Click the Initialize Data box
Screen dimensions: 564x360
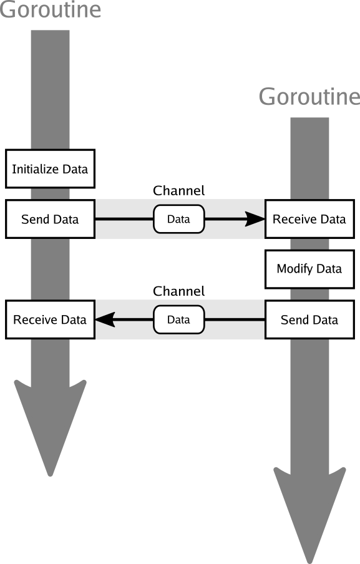coord(50,168)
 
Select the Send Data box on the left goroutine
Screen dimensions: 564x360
coord(50,219)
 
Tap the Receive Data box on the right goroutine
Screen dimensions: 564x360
coord(309,219)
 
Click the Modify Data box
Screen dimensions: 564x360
coord(309,269)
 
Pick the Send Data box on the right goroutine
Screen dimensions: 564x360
coord(309,320)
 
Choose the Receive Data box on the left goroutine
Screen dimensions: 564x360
coord(50,320)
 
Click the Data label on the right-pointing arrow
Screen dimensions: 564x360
coord(178,219)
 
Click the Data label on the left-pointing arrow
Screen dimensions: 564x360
coord(178,320)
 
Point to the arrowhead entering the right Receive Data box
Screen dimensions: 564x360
coord(255,219)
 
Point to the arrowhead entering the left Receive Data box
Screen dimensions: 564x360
coord(104,320)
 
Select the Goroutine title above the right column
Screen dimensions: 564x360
coord(309,97)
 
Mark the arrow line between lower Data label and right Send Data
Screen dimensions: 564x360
coord(235,320)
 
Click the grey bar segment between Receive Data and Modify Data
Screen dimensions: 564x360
coord(309,244)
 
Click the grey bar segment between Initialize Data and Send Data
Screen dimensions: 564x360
coord(50,193)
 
